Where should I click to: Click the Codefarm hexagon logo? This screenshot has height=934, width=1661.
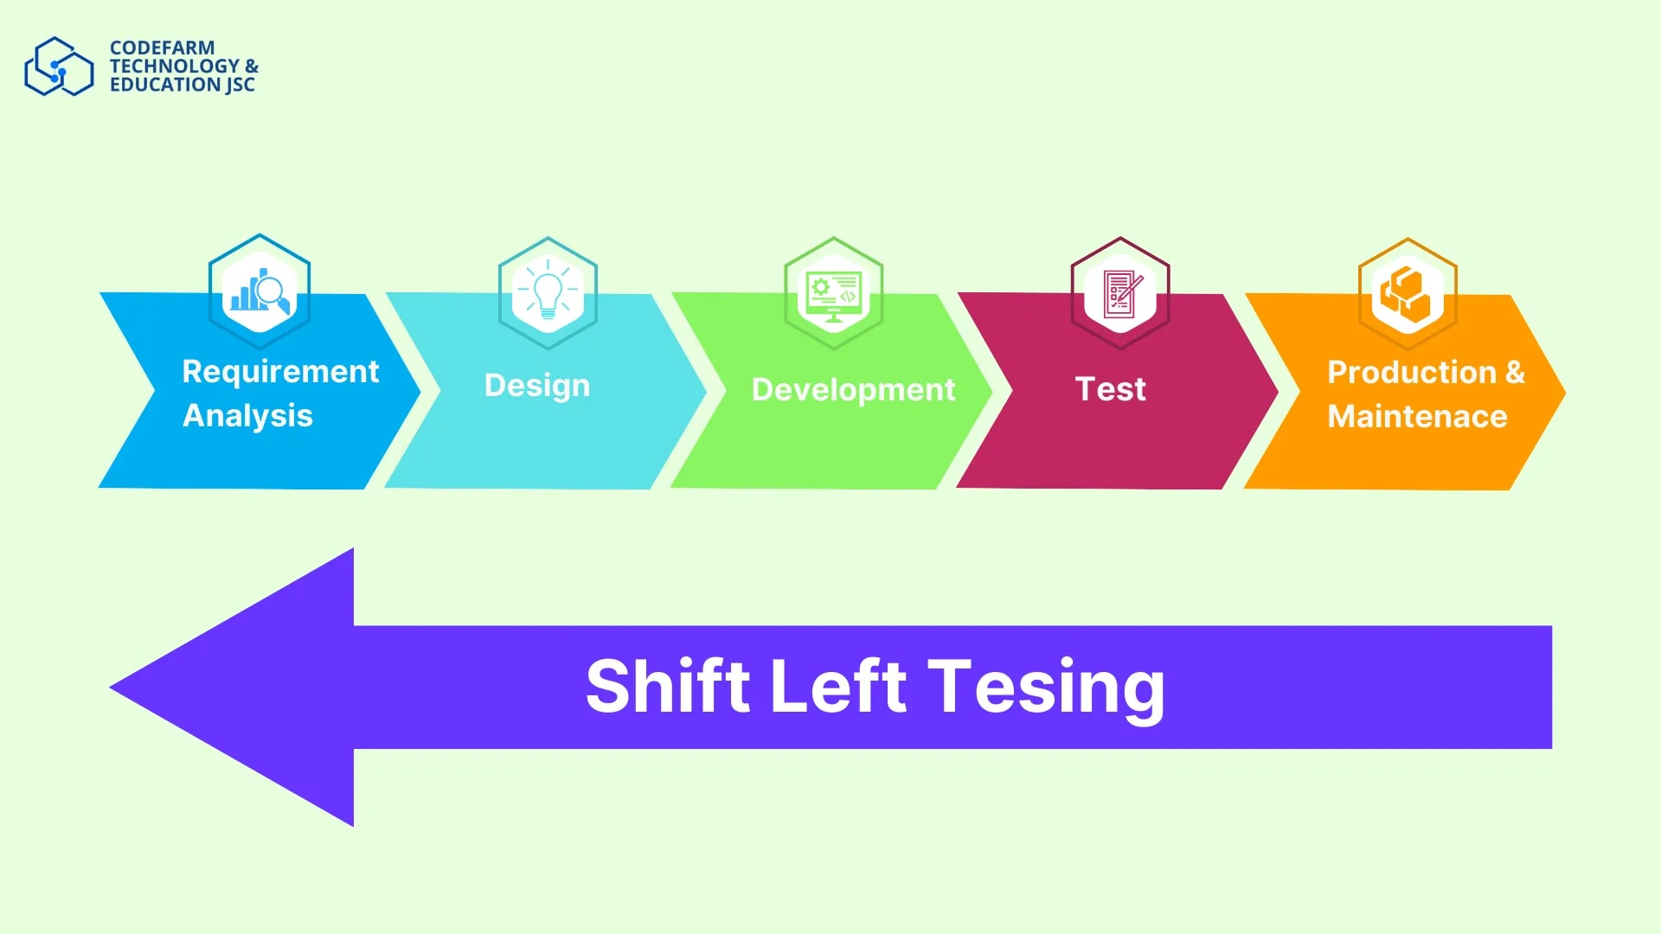[59, 66]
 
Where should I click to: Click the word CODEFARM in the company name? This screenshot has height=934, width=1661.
[162, 48]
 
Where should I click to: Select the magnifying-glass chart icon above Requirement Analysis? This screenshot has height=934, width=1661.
[260, 291]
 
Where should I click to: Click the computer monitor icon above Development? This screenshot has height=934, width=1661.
[833, 294]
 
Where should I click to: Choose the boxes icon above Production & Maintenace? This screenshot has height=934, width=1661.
[1408, 295]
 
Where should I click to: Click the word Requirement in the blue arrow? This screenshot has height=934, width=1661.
[280, 373]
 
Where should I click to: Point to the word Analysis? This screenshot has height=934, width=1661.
[247, 416]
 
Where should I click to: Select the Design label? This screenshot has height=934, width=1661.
[537, 387]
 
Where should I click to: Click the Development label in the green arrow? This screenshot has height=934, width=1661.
[853, 390]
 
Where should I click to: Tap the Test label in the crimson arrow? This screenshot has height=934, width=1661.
[1111, 389]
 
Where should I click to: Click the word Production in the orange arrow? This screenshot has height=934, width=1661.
[1412, 373]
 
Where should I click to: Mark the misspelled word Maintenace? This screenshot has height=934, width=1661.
[1417, 417]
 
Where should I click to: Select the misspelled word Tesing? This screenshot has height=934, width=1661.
[1047, 689]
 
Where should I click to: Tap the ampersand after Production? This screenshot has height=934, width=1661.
[1515, 373]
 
